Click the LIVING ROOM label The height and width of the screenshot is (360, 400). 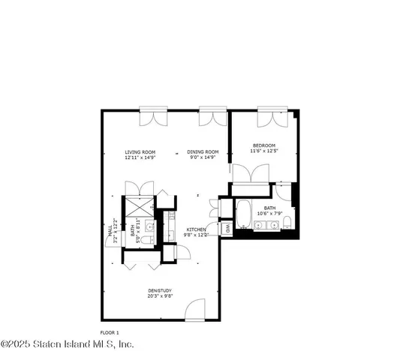click(x=140, y=152)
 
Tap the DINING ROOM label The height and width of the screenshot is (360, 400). click(x=202, y=152)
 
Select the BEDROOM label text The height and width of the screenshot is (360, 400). click(x=263, y=145)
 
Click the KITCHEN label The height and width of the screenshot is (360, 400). click(x=197, y=229)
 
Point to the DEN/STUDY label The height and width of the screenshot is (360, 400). click(x=160, y=291)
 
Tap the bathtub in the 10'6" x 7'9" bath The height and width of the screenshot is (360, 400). click(x=245, y=214)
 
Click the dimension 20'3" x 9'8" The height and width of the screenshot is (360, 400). click(x=160, y=296)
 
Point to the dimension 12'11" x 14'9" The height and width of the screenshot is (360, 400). click(x=140, y=158)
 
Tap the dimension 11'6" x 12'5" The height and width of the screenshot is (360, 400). click(x=263, y=151)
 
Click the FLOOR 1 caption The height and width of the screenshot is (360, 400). click(x=110, y=331)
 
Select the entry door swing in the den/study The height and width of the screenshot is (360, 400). click(x=195, y=310)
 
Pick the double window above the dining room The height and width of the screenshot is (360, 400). click(x=211, y=118)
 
